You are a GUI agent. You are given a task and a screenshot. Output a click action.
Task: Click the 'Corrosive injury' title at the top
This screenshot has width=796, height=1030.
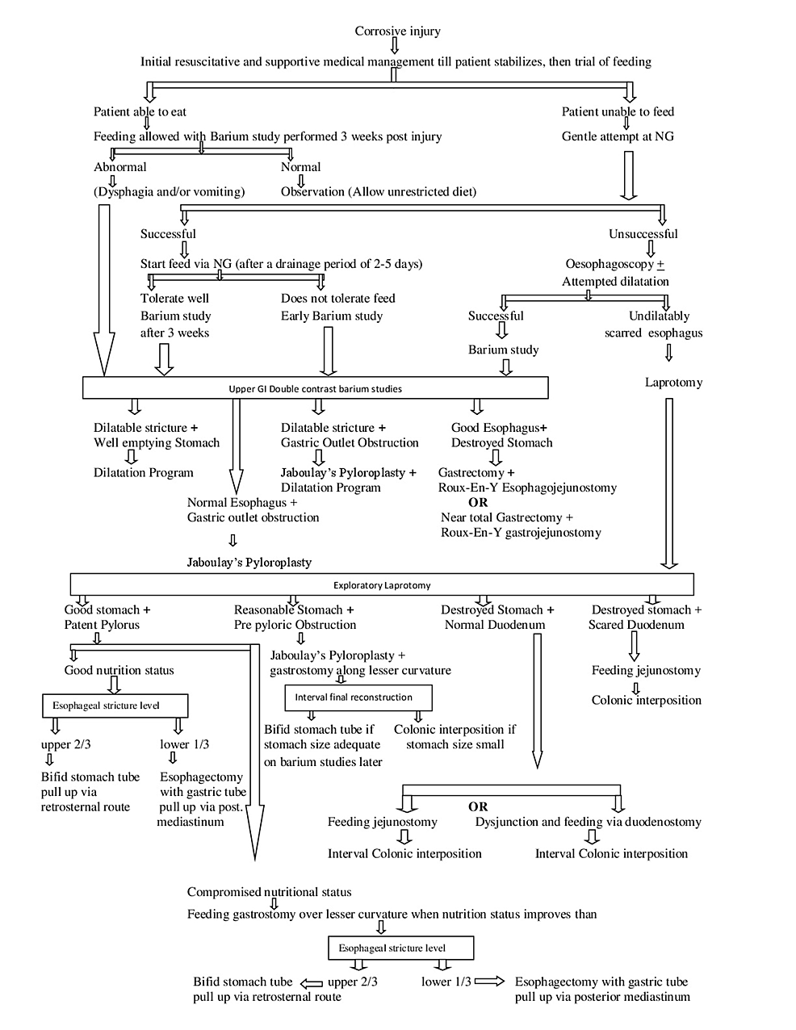coord(397,31)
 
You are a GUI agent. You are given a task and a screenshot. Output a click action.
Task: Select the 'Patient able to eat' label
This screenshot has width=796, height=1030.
coord(140,111)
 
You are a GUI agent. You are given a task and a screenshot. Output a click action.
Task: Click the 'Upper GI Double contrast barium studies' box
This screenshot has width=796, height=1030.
coord(315,388)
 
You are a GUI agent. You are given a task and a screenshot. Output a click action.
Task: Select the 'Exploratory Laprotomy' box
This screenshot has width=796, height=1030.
coord(382,584)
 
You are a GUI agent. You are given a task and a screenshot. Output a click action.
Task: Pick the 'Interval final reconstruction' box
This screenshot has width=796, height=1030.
coord(358,697)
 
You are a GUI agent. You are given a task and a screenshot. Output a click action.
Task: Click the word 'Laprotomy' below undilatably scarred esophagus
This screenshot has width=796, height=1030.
coord(673,382)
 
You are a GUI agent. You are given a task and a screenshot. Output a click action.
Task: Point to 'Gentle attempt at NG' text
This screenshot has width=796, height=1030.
coord(618,136)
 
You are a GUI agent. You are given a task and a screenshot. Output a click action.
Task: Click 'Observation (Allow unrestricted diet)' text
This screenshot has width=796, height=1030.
coord(378,191)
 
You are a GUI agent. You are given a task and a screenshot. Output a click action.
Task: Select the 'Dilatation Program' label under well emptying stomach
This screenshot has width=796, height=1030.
coord(143,472)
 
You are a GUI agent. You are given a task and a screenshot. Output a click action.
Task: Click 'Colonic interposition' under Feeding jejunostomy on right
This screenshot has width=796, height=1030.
coord(646,700)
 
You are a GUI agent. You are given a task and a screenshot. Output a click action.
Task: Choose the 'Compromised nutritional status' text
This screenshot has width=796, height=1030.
coord(269,892)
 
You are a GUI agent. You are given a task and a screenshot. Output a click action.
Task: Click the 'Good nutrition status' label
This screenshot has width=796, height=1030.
coord(119,670)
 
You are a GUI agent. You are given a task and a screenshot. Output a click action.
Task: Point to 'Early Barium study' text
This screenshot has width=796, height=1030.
coord(331,316)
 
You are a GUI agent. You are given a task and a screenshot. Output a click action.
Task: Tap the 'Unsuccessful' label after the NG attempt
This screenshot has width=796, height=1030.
coord(643,233)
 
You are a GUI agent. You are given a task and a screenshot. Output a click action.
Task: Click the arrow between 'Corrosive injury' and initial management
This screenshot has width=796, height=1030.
coord(395,45)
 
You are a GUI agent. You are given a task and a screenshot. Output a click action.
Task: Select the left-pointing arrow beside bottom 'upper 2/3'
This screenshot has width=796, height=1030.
coord(311,982)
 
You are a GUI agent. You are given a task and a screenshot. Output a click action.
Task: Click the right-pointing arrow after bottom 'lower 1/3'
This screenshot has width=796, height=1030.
coord(489,982)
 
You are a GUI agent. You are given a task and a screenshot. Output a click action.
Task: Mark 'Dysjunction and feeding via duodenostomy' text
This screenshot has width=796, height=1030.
coord(588,822)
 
